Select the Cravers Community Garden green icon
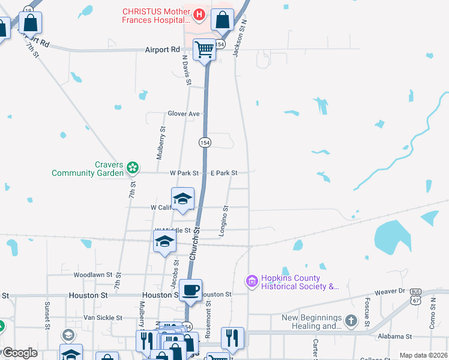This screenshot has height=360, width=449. pyautogui.click(x=133, y=167)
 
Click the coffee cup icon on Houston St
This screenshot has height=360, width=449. pyautogui.click(x=191, y=290)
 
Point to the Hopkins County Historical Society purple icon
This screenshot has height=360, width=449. pyautogui.click(x=252, y=281)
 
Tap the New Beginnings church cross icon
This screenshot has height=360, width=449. pyautogui.click(x=351, y=321)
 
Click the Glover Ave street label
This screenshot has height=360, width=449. pyautogui.click(x=184, y=113)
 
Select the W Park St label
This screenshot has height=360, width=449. pyautogui.click(x=184, y=173)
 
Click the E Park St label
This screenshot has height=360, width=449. pyautogui.click(x=224, y=173)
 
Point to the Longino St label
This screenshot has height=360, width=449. pyautogui.click(x=226, y=221)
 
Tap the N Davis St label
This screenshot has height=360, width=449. pyautogui.click(x=187, y=70)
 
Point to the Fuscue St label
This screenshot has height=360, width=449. pyautogui.click(x=367, y=307)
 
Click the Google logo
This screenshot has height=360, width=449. pyautogui.click(x=19, y=353)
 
